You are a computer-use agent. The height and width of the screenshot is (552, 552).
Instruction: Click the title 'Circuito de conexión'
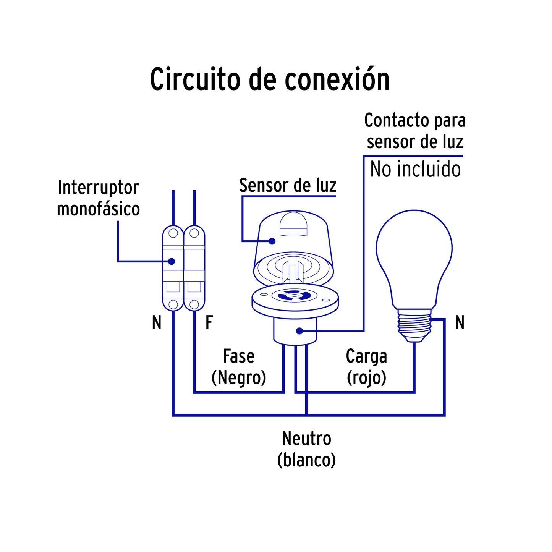click(270, 79)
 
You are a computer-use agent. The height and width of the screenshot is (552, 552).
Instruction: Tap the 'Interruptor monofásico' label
click(98, 198)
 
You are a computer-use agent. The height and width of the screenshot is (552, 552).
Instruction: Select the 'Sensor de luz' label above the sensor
click(288, 186)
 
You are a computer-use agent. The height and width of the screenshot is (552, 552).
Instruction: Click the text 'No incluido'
click(415, 169)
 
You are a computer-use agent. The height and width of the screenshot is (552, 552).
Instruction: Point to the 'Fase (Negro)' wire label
click(239, 367)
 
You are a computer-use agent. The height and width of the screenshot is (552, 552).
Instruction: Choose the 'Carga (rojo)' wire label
click(366, 367)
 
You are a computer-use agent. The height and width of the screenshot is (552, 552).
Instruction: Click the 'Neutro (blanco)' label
click(306, 449)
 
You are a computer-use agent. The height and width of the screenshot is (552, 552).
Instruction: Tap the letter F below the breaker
click(209, 322)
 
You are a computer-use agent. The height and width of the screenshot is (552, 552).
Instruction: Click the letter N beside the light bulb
click(460, 322)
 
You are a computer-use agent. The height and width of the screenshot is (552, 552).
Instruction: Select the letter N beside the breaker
click(157, 322)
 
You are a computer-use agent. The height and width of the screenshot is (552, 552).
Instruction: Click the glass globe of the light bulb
click(414, 252)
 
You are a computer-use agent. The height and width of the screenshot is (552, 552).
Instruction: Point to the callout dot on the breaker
click(172, 261)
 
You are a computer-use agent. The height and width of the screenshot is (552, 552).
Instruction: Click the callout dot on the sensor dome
click(272, 241)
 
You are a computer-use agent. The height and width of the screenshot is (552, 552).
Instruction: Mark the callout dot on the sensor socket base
click(299, 331)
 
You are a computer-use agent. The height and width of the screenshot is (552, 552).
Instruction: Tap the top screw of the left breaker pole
click(173, 233)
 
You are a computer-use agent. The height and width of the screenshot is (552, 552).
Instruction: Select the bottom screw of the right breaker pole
click(194, 304)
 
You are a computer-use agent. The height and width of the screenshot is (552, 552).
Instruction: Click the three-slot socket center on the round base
click(293, 295)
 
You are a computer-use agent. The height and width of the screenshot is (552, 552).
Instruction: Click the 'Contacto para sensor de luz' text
click(415, 131)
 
